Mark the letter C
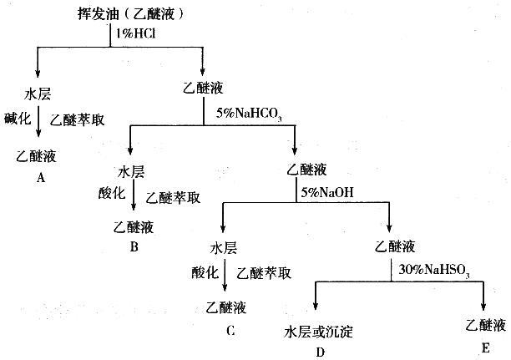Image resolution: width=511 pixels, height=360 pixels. (x=230, y=330)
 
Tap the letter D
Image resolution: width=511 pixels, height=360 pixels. (x=320, y=351)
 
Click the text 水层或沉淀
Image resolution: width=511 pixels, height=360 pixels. (x=319, y=332)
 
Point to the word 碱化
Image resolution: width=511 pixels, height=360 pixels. (x=17, y=119)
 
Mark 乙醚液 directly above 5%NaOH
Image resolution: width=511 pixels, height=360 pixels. (x=306, y=170)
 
